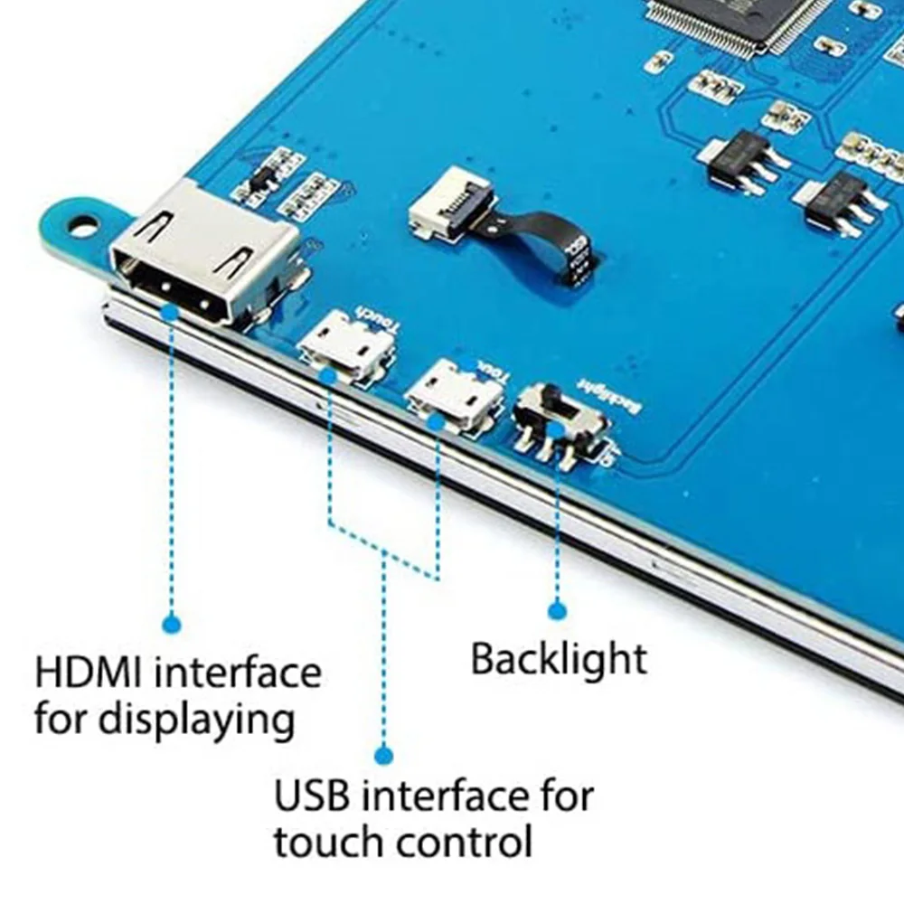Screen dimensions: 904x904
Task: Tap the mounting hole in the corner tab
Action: click(x=82, y=224)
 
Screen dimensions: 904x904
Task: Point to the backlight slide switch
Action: click(x=559, y=420)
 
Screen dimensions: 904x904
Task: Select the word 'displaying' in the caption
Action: click(x=195, y=720)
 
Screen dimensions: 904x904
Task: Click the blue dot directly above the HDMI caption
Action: click(x=172, y=624)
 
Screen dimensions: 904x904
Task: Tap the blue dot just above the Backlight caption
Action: click(x=557, y=611)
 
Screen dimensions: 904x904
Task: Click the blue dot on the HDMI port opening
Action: click(x=171, y=311)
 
